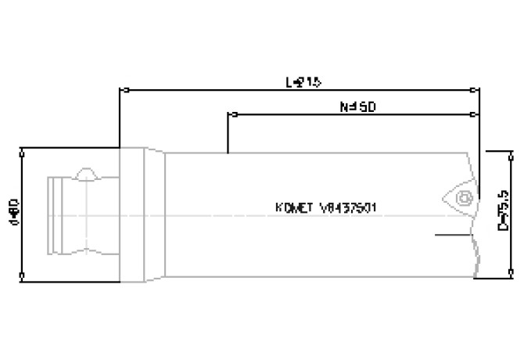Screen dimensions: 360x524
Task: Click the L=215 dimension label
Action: click(303, 81)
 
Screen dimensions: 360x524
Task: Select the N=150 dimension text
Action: click(360, 106)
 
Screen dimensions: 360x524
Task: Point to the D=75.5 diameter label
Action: click(504, 212)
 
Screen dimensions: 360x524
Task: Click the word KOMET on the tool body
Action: click(294, 209)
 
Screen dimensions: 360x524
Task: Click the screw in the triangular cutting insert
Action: click(463, 197)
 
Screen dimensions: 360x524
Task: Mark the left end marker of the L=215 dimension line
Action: click(120, 90)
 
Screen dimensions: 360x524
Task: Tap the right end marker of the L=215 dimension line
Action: click(479, 90)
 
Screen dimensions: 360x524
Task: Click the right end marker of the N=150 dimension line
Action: click(479, 114)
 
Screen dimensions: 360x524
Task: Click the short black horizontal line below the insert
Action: click(452, 232)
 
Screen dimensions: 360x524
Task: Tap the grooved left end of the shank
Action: click(56, 213)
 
